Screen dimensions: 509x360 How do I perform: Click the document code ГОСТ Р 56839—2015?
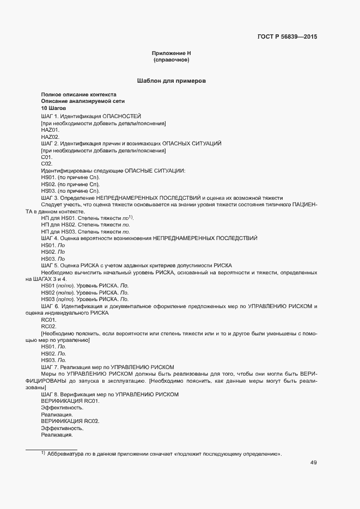(286, 37)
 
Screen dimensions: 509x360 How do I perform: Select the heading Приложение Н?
(171, 53)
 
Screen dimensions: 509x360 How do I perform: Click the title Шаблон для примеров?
(171, 81)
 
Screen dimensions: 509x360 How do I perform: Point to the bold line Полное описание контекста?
(75, 94)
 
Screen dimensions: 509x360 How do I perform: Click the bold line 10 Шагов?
(54, 109)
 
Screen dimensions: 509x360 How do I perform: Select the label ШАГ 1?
(49, 116)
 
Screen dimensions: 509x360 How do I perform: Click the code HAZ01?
(50, 130)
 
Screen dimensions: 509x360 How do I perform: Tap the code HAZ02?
(50, 137)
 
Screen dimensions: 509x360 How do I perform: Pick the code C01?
(47, 157)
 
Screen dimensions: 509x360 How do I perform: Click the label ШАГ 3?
(49, 198)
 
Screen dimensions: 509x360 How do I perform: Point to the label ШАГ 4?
(49, 238)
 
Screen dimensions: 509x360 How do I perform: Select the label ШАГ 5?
(49, 265)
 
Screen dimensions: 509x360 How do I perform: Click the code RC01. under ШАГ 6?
(49, 320)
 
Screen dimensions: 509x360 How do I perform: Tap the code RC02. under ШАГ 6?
(49, 326)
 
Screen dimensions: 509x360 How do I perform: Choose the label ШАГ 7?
(49, 367)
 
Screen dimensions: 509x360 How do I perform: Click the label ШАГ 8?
(49, 394)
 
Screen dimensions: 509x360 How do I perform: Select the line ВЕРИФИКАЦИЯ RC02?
(70, 421)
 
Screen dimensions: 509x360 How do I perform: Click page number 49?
(314, 463)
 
